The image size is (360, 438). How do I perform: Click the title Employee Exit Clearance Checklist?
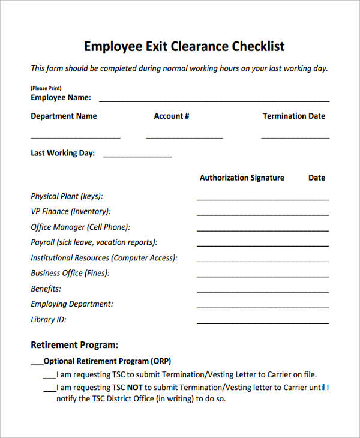pos(184,46)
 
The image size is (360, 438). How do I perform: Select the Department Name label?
pos(64,116)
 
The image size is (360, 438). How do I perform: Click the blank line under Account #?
pos(184,138)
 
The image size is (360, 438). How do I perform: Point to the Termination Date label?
pos(294,116)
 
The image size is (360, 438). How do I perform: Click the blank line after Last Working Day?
pos(137,157)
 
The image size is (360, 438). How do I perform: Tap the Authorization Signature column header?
pos(242,178)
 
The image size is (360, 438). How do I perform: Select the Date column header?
pos(317,178)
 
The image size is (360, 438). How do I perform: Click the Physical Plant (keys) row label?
pos(67,196)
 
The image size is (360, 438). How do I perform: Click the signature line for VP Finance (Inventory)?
pos(262,214)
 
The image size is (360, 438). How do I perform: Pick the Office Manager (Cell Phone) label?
pos(80,227)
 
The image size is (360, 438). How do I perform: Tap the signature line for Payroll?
pos(262,245)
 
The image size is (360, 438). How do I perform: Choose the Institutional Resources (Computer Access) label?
pos(104,258)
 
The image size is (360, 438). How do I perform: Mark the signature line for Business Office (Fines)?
pos(262,276)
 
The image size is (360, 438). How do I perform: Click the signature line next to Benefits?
pos(262,292)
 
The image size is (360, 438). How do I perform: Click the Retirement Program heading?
pos(74,345)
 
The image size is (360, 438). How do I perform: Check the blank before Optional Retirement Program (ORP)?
pos(37,362)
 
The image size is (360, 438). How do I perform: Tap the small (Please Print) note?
pos(46,88)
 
